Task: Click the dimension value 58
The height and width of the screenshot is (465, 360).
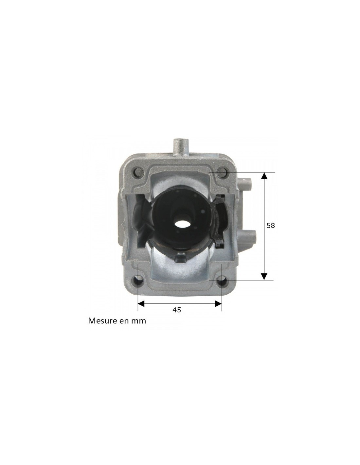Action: coord(270,226)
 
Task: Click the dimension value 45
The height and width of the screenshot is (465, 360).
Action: coord(177,310)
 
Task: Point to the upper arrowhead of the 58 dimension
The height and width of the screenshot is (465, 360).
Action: coord(264,176)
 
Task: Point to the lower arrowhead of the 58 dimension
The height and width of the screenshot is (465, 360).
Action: coord(264,276)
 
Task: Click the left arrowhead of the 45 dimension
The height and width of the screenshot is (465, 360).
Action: coord(142,304)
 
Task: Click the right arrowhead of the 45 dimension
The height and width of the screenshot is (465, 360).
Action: coord(218,304)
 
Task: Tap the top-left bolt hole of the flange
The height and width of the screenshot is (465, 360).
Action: coord(138,171)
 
